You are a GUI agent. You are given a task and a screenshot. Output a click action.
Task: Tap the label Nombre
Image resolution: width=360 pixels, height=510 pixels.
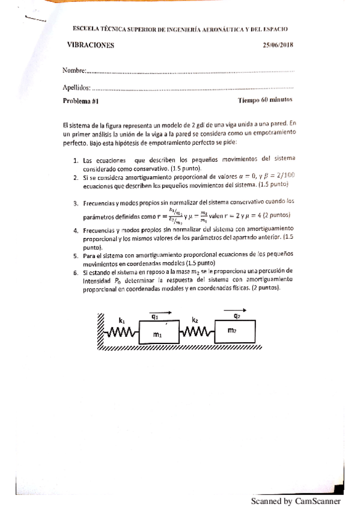coord(74,71)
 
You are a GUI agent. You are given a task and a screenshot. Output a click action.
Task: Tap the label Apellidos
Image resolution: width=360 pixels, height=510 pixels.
coord(77,88)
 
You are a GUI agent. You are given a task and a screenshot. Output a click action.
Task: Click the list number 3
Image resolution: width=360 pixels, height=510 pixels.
coord(76,203)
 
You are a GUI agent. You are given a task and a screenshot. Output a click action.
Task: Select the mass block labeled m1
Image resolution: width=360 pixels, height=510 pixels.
coord(157,334)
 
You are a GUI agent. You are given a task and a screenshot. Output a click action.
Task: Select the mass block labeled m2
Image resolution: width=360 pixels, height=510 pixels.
coord(235,331)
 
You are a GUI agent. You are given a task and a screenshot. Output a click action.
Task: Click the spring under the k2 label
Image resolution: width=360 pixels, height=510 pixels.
coord(197,331)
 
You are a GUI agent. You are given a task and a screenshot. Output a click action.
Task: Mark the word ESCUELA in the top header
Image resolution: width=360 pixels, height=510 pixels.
coord(85,28)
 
